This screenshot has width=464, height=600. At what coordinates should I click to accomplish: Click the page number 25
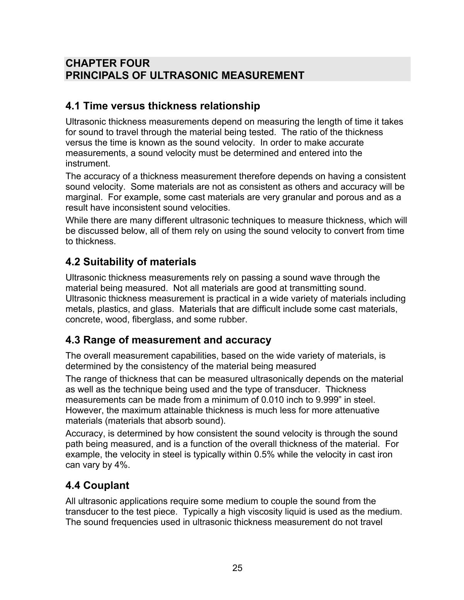click(x=237, y=568)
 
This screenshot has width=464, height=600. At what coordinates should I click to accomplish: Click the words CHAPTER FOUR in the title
click(x=107, y=63)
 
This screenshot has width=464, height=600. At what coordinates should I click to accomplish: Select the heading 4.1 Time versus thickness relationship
click(x=163, y=106)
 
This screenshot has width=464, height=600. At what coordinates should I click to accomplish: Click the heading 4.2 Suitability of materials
click(x=131, y=262)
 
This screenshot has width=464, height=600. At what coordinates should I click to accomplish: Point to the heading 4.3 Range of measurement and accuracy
click(x=168, y=340)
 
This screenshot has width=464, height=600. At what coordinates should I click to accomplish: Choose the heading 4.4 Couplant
click(x=97, y=485)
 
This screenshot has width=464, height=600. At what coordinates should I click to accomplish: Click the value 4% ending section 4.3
click(x=121, y=465)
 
